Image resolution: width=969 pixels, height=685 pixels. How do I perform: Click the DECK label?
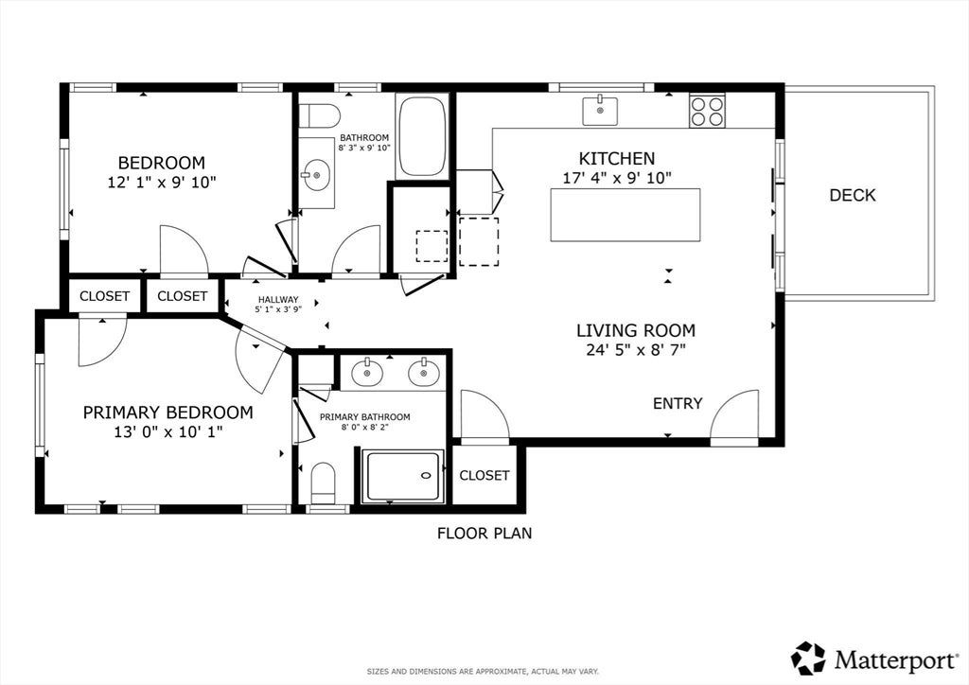pyautogui.click(x=853, y=195)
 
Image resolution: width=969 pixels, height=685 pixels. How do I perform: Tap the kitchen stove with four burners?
pyautogui.click(x=707, y=112)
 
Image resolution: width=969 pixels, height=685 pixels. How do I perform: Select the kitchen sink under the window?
pyautogui.click(x=599, y=111)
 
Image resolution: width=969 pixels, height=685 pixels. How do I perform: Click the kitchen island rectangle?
pyautogui.click(x=625, y=215)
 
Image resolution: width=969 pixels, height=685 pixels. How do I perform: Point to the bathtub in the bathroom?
pyautogui.click(x=422, y=136)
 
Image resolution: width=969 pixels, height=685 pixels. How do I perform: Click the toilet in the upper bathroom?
pyautogui.click(x=320, y=115)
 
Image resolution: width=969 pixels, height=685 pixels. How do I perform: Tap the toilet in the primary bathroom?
pyautogui.click(x=323, y=483)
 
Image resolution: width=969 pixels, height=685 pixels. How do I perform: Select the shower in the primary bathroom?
pyautogui.click(x=403, y=476)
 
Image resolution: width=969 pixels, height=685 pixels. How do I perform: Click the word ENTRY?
pyautogui.click(x=678, y=403)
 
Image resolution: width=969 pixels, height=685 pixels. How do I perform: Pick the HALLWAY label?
pyautogui.click(x=278, y=300)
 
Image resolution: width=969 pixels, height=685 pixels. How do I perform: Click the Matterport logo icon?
pyautogui.click(x=808, y=659)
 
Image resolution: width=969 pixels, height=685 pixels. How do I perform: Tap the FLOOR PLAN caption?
pyautogui.click(x=484, y=533)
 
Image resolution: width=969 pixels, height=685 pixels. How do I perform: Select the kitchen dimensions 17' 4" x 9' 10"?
pyautogui.click(x=617, y=179)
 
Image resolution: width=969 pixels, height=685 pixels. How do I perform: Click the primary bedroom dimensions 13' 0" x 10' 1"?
pyautogui.click(x=168, y=431)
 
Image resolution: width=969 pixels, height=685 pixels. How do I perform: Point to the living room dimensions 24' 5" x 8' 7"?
pyautogui.click(x=636, y=350)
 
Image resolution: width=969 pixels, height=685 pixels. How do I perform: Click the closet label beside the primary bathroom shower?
pyautogui.click(x=484, y=475)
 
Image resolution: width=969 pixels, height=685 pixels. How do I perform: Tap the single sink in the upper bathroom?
pyautogui.click(x=317, y=173)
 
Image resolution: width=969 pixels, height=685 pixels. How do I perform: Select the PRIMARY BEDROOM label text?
pyautogui.click(x=168, y=413)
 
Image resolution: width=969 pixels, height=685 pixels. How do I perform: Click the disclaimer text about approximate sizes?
pyautogui.click(x=483, y=672)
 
